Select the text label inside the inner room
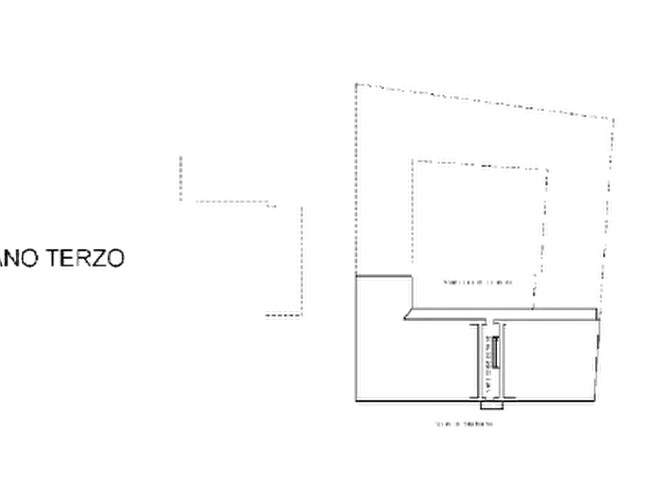477,281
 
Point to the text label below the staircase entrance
465,423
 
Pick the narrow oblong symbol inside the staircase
494,353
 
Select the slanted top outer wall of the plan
486,99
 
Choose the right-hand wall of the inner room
543,232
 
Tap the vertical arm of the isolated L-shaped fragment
179,176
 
